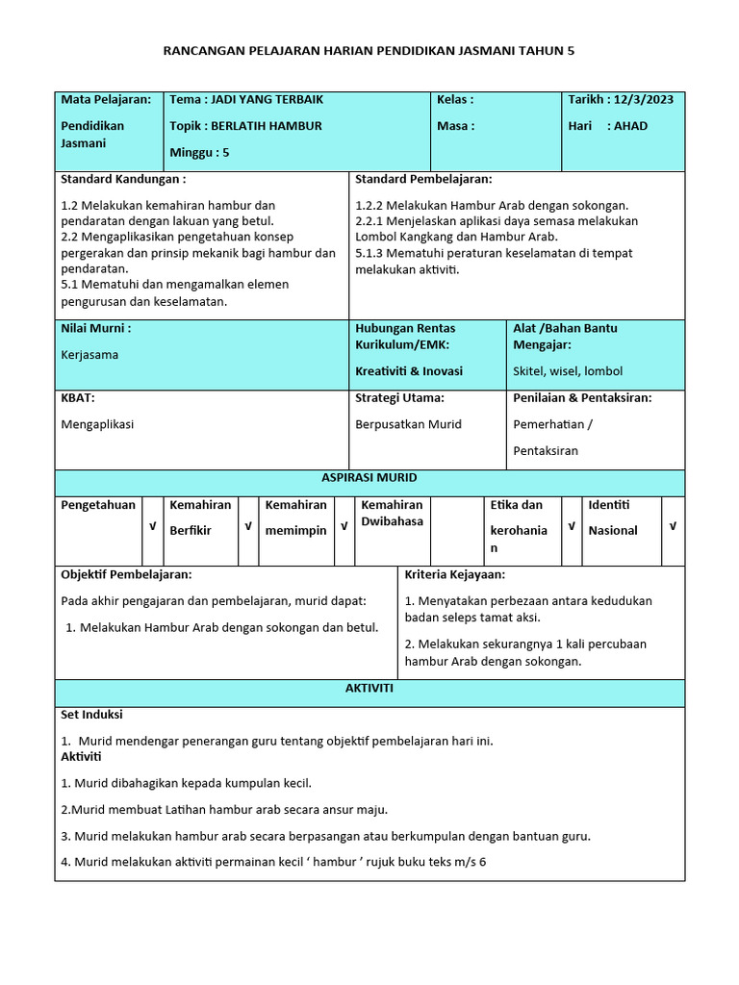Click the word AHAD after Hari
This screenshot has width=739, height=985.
pos(631,126)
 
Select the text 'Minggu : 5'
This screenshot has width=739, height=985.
pos(199,152)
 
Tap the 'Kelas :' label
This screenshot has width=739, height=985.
pos(455,99)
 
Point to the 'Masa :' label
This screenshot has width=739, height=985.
pos(455,126)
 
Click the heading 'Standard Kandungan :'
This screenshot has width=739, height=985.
pos(123,180)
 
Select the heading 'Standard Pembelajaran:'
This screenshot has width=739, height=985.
pos(423,180)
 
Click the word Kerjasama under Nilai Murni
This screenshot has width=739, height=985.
pos(89,354)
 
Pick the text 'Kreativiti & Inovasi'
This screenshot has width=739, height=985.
pos(409,371)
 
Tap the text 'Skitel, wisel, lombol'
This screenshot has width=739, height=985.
pos(568,371)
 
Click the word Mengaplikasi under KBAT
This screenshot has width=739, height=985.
pos(97,424)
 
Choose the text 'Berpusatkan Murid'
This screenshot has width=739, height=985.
pos(409,424)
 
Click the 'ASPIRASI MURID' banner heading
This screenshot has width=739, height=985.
pos(369,478)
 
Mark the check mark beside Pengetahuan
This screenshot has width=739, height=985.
pos(152,526)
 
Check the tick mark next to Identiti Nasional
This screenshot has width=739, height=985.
pos(673,526)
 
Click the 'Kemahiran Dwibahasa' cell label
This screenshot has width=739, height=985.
pos(392,513)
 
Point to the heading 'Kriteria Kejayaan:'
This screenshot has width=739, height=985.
pos(454,574)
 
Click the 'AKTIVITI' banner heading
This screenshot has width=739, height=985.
pos(369,689)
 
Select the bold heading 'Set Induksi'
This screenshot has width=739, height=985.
pos(91,715)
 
